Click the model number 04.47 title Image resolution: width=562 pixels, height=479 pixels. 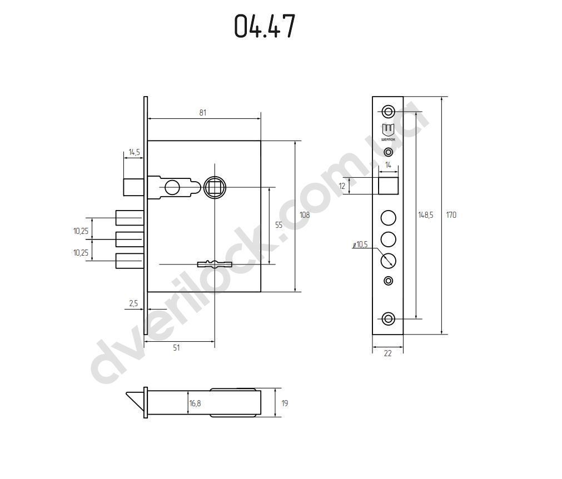(265, 26)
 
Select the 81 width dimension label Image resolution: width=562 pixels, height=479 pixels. (203, 112)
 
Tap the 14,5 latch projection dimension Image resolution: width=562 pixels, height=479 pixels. (135, 152)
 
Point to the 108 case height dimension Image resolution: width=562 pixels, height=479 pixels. (305, 215)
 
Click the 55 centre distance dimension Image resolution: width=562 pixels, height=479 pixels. (279, 225)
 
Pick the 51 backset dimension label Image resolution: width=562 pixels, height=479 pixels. (176, 347)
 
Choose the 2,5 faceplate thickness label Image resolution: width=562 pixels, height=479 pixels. (133, 303)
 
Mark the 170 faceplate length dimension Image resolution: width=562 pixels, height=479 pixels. (451, 215)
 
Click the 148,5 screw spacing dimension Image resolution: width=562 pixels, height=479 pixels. (426, 215)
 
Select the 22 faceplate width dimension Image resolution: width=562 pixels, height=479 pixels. (388, 353)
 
